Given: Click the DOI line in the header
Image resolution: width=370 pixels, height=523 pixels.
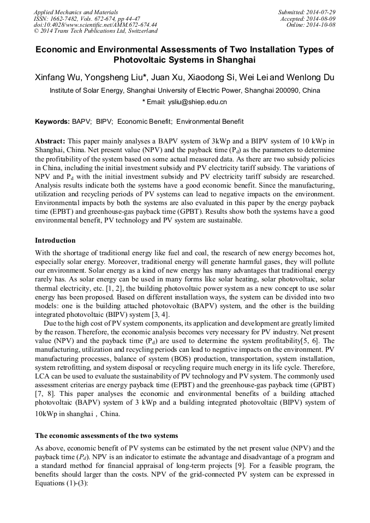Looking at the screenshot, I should pyautogui.click(x=96, y=25).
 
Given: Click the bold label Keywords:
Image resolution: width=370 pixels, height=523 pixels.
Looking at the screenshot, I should pyautogui.click(x=52, y=122).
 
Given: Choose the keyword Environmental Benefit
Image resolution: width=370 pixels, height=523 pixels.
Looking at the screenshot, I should pyautogui.click(x=210, y=122).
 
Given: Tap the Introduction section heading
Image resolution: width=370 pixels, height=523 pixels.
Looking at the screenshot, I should pyautogui.click(x=55, y=241).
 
